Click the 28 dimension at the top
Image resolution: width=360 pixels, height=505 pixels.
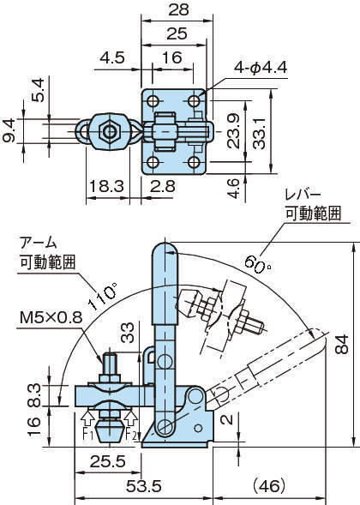point(178,9)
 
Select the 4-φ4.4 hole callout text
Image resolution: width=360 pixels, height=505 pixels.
point(261,68)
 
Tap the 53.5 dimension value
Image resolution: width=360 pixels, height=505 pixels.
point(144,486)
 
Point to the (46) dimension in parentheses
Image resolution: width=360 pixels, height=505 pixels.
point(269,486)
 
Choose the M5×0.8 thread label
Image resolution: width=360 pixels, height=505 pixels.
point(51,318)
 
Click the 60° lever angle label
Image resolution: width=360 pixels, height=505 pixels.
point(258,264)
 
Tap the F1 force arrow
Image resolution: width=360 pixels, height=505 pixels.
point(87,419)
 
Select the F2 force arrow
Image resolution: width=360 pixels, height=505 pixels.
point(131,419)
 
